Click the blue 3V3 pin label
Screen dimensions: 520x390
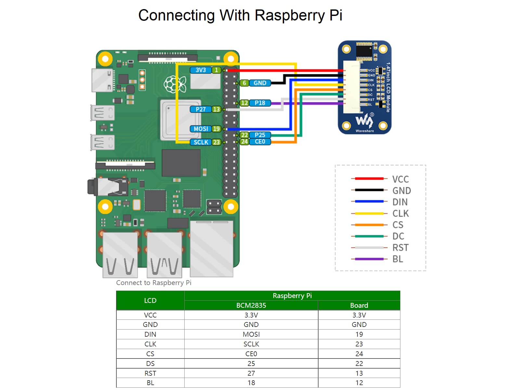coord(201,70)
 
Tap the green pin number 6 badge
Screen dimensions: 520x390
coord(244,83)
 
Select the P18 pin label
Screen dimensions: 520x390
coord(260,103)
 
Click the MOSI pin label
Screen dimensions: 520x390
coord(201,129)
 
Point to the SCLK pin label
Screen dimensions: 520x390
coord(201,142)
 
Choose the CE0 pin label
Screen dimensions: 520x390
coord(260,142)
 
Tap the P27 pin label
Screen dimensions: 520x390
coord(201,110)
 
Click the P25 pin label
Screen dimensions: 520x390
coord(260,135)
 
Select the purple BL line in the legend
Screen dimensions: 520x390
coord(369,259)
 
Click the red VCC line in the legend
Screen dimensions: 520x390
coord(369,178)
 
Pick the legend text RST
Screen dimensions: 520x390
coord(400,248)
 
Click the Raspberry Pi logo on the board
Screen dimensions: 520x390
coord(175,84)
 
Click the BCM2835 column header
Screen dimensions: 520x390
coord(251,305)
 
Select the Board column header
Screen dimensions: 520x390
coord(359,305)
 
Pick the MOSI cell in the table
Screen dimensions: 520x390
coord(251,334)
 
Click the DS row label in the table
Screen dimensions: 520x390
coord(150,363)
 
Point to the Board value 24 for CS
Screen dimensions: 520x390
coord(359,354)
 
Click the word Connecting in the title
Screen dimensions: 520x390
coord(176,16)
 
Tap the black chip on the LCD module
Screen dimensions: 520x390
coord(364,51)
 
